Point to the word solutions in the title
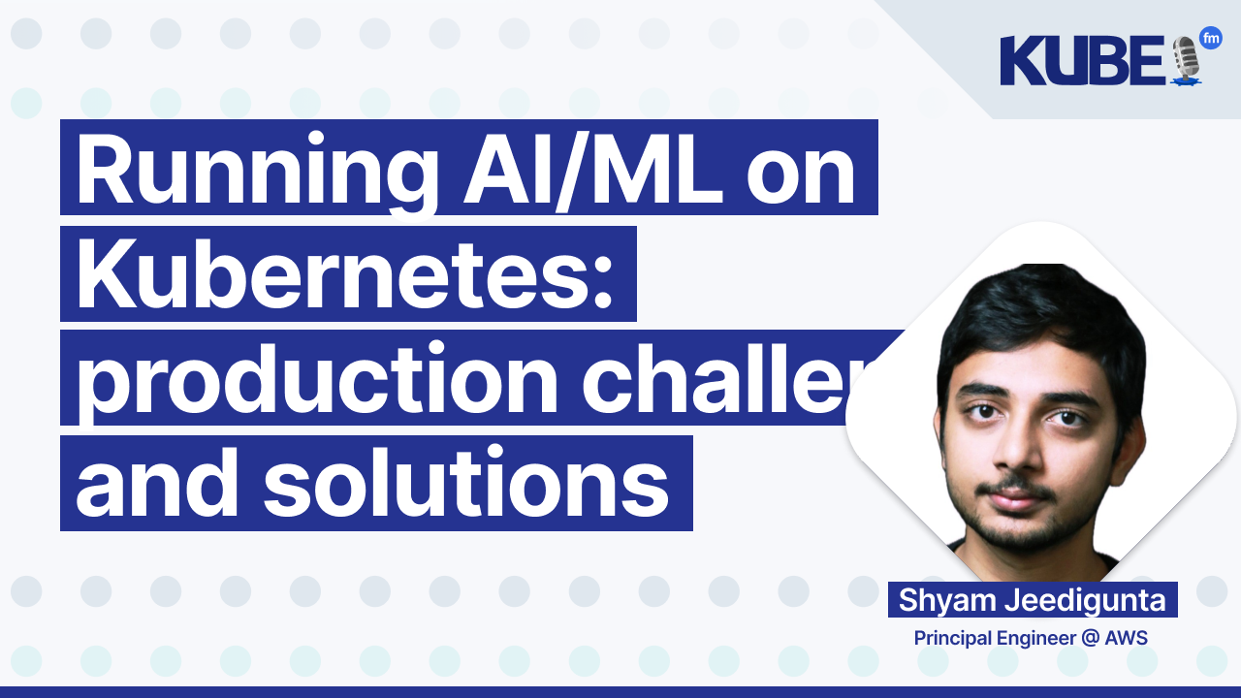(465, 485)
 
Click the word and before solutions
(159, 485)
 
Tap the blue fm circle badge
(1210, 39)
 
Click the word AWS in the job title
(1128, 639)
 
